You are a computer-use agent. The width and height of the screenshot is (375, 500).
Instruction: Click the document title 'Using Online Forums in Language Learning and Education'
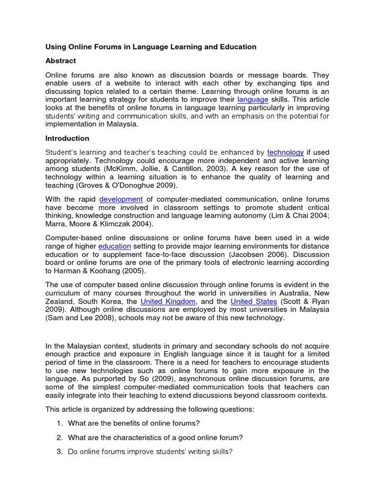(151, 47)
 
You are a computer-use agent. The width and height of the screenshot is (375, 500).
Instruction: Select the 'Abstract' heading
(61, 61)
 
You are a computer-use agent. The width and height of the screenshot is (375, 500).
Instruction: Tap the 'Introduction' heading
(67, 138)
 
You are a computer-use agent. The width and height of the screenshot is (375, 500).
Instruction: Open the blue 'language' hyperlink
(253, 99)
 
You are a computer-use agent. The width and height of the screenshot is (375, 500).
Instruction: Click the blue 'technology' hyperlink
(286, 152)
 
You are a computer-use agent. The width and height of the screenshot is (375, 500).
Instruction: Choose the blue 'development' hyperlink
(121, 199)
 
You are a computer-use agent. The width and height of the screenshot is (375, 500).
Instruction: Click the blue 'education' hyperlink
(115, 246)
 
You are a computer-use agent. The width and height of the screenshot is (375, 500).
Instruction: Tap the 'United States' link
(253, 301)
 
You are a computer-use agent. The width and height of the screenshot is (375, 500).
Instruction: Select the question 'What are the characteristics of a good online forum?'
(155, 437)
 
